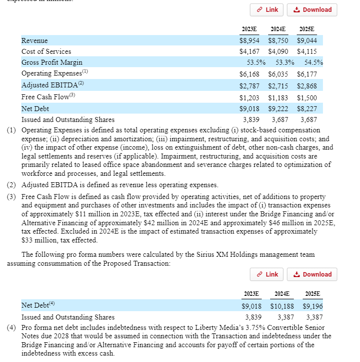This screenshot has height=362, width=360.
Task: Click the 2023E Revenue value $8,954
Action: click(x=249, y=40)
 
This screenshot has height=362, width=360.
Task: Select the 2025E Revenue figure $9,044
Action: click(x=307, y=40)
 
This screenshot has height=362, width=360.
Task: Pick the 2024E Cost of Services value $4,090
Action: click(x=278, y=51)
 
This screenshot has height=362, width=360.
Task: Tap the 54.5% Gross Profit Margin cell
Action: click(x=313, y=63)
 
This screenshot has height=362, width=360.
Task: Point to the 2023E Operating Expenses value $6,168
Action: click(x=249, y=74)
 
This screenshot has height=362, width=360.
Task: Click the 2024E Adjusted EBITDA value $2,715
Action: click(x=278, y=85)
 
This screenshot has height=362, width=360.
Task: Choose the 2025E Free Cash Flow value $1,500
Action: click(x=307, y=97)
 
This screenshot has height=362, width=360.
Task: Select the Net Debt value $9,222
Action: click(x=278, y=108)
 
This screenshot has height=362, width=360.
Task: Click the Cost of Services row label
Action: click(x=46, y=51)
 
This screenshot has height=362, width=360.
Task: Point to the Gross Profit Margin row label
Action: click(x=52, y=63)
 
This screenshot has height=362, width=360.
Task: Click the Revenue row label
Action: click(x=35, y=40)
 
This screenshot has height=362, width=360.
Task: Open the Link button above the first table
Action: click(x=267, y=10)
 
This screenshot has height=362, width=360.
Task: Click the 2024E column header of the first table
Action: click(x=278, y=29)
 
